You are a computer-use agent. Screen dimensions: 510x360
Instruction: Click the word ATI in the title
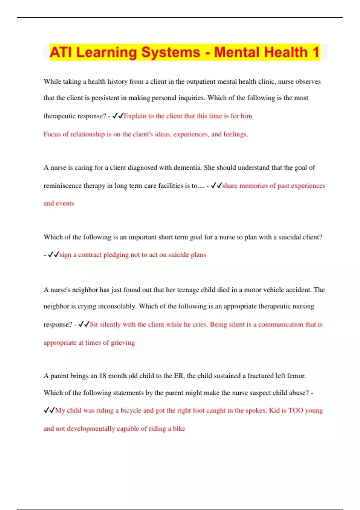61,52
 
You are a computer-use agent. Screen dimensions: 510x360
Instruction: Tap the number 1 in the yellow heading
315,52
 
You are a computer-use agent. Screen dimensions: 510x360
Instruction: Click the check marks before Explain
118,116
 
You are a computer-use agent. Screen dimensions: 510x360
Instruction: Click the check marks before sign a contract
53,255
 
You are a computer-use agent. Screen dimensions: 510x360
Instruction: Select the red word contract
90,255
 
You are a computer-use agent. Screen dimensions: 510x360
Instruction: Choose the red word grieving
123,343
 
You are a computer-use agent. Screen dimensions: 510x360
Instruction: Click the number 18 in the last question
103,376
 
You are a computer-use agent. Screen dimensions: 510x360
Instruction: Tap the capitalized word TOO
295,410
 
